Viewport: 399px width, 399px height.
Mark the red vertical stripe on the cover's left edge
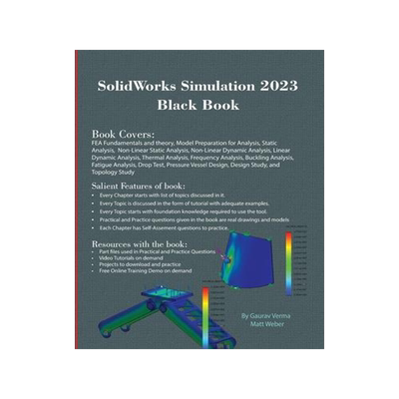click(78, 199)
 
